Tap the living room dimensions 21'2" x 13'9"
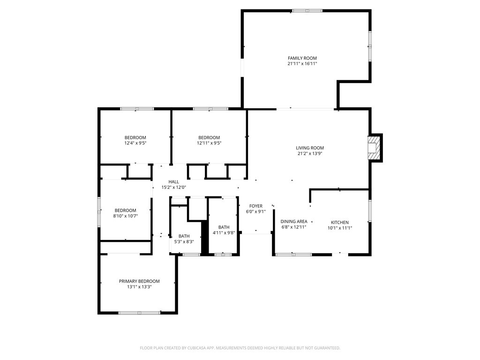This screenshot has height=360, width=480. coord(310,153)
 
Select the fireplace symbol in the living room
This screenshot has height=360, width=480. coord(374,148)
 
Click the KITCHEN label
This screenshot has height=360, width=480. coord(340,222)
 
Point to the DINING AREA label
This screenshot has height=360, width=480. coord(294,221)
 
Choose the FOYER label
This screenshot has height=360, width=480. coord(256,206)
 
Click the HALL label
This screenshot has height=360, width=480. coord(174,182)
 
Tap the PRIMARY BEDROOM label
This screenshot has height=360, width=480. coord(139,281)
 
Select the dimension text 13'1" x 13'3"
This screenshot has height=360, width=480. coord(139,287)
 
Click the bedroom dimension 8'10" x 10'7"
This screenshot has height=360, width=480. coord(126,216)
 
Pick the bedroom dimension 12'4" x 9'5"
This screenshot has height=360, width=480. coord(135,143)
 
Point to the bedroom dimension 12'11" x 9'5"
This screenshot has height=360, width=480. coord(209,143)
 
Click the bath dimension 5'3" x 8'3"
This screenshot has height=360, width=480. coord(184,242)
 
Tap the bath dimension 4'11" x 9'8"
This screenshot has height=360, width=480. coord(224,232)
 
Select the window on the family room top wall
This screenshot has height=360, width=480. coord(307,10)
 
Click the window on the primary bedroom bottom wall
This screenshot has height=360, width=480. coord(139,313)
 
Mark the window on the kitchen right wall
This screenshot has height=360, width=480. coord(370,211)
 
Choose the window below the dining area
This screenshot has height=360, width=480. coord(293,255)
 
